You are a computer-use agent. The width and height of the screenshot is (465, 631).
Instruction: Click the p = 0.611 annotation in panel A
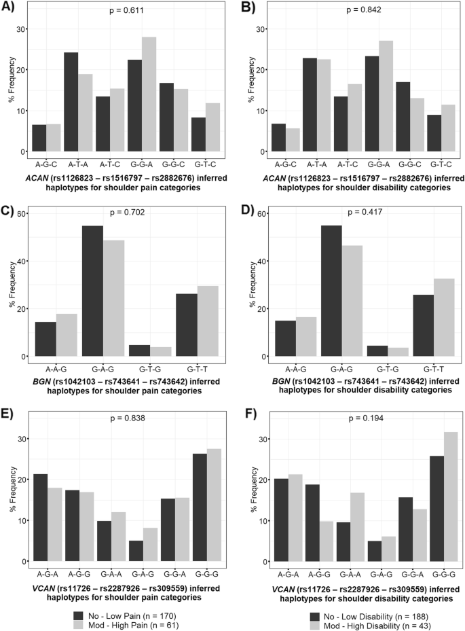[x=130, y=12]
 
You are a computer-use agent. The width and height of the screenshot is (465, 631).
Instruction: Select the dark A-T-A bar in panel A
[x=71, y=102]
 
